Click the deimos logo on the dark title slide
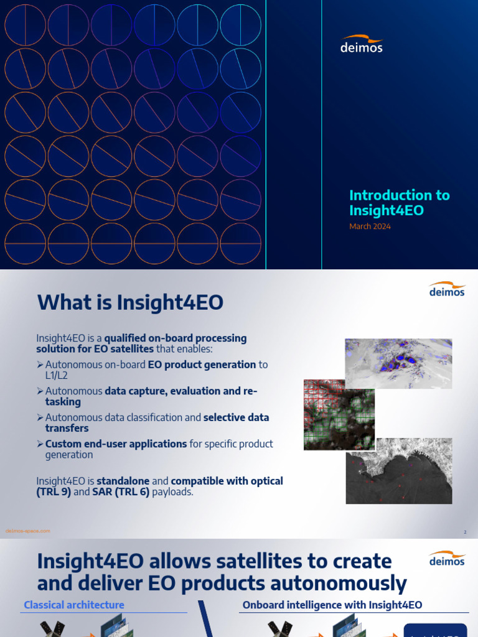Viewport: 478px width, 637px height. click(x=362, y=44)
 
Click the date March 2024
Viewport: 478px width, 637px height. click(x=370, y=226)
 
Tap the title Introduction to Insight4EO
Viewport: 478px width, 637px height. click(x=399, y=203)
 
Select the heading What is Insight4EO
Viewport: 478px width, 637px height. click(x=130, y=303)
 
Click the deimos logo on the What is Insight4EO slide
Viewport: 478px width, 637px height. click(x=447, y=289)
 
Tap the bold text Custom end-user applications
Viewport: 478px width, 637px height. click(x=116, y=444)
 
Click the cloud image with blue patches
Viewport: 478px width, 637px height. click(x=398, y=363)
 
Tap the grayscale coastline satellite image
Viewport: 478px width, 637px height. click(x=399, y=469)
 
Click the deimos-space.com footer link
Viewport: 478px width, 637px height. click(x=27, y=531)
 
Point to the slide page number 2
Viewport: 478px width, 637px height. click(x=464, y=532)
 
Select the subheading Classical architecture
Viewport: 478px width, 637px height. click(x=73, y=605)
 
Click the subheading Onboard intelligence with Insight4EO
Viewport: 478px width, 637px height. click(x=332, y=605)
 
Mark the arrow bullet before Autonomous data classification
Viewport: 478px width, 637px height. click(x=40, y=417)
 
